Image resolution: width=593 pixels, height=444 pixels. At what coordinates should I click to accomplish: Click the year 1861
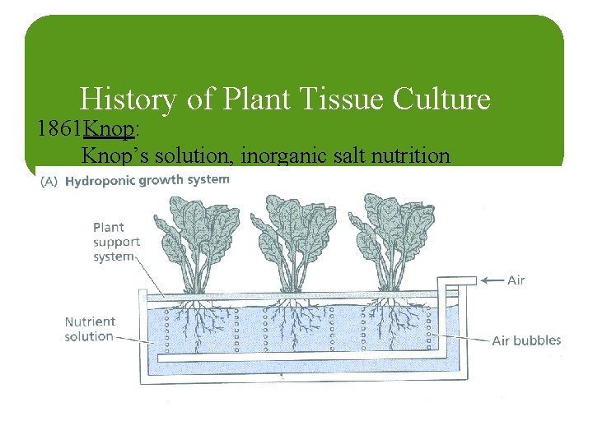tap(60, 129)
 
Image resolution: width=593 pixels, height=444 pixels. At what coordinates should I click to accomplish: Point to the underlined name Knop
tap(110, 129)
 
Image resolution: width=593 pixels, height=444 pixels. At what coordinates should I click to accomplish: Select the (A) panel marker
tap(48, 181)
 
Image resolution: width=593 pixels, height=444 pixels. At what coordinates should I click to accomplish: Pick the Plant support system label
tap(116, 242)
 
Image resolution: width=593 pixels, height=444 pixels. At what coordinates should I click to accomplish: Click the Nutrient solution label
tap(90, 329)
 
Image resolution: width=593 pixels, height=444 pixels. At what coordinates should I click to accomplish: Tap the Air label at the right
tap(516, 280)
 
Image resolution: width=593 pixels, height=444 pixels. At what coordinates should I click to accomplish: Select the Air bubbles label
tap(526, 340)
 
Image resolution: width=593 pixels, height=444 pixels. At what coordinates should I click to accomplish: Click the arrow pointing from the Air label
tap(492, 280)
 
